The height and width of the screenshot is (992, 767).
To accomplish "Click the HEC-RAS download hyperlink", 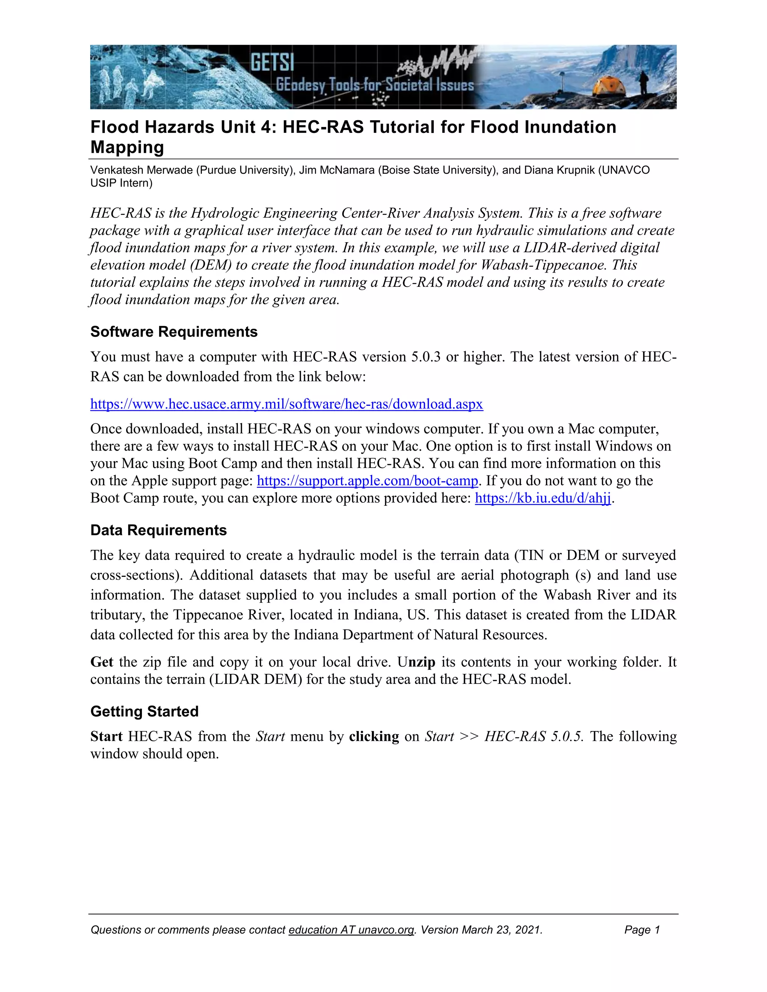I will tap(286, 404).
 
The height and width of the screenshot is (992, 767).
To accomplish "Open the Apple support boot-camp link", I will tap(367, 481).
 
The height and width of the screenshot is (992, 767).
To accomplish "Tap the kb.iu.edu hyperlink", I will tap(543, 498).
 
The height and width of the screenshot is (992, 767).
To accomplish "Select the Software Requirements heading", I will tap(173, 332).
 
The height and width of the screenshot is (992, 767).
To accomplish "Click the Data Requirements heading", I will tap(158, 530).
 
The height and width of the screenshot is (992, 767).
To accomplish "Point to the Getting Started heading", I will tap(144, 711).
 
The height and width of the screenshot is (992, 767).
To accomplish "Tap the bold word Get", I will tap(101, 662).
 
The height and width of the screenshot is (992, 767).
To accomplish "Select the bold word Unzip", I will tap(416, 662).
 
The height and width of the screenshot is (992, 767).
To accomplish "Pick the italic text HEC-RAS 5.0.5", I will tap(533, 736).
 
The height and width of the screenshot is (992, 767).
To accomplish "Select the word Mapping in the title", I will tap(127, 147).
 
